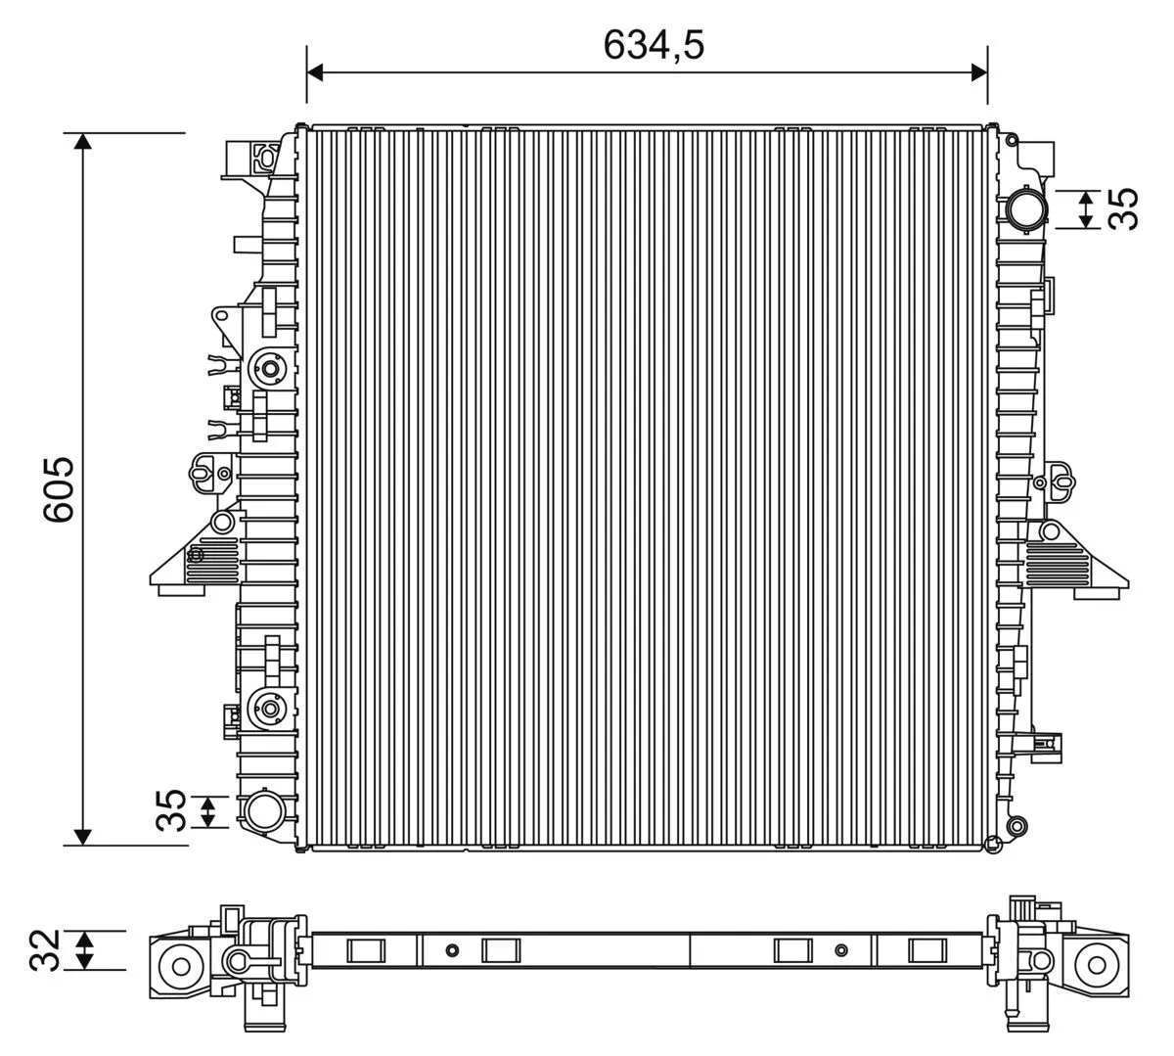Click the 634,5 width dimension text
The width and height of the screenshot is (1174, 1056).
pyautogui.click(x=654, y=44)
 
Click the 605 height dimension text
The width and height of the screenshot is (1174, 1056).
pyautogui.click(x=59, y=489)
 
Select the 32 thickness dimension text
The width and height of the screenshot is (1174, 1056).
pyautogui.click(x=45, y=950)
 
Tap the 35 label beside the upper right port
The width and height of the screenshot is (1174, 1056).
pyautogui.click(x=1126, y=208)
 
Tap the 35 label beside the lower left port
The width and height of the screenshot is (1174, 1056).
pyautogui.click(x=171, y=810)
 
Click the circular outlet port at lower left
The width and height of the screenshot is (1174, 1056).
pyautogui.click(x=263, y=811)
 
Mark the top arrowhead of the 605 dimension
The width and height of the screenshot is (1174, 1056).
pyautogui.click(x=83, y=141)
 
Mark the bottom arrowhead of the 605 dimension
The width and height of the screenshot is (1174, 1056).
pyautogui.click(x=83, y=836)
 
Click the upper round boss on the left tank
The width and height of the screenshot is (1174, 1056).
pyautogui.click(x=268, y=370)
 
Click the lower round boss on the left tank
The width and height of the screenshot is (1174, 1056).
pyautogui.click(x=268, y=707)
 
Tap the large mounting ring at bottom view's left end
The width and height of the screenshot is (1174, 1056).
pyautogui.click(x=181, y=967)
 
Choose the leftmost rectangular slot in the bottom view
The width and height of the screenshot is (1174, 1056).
pyautogui.click(x=367, y=950)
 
